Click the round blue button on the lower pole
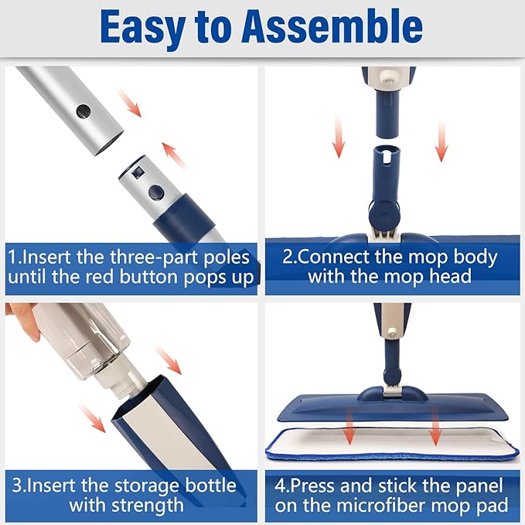coord(156,192)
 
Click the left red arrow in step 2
coord(338,138)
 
